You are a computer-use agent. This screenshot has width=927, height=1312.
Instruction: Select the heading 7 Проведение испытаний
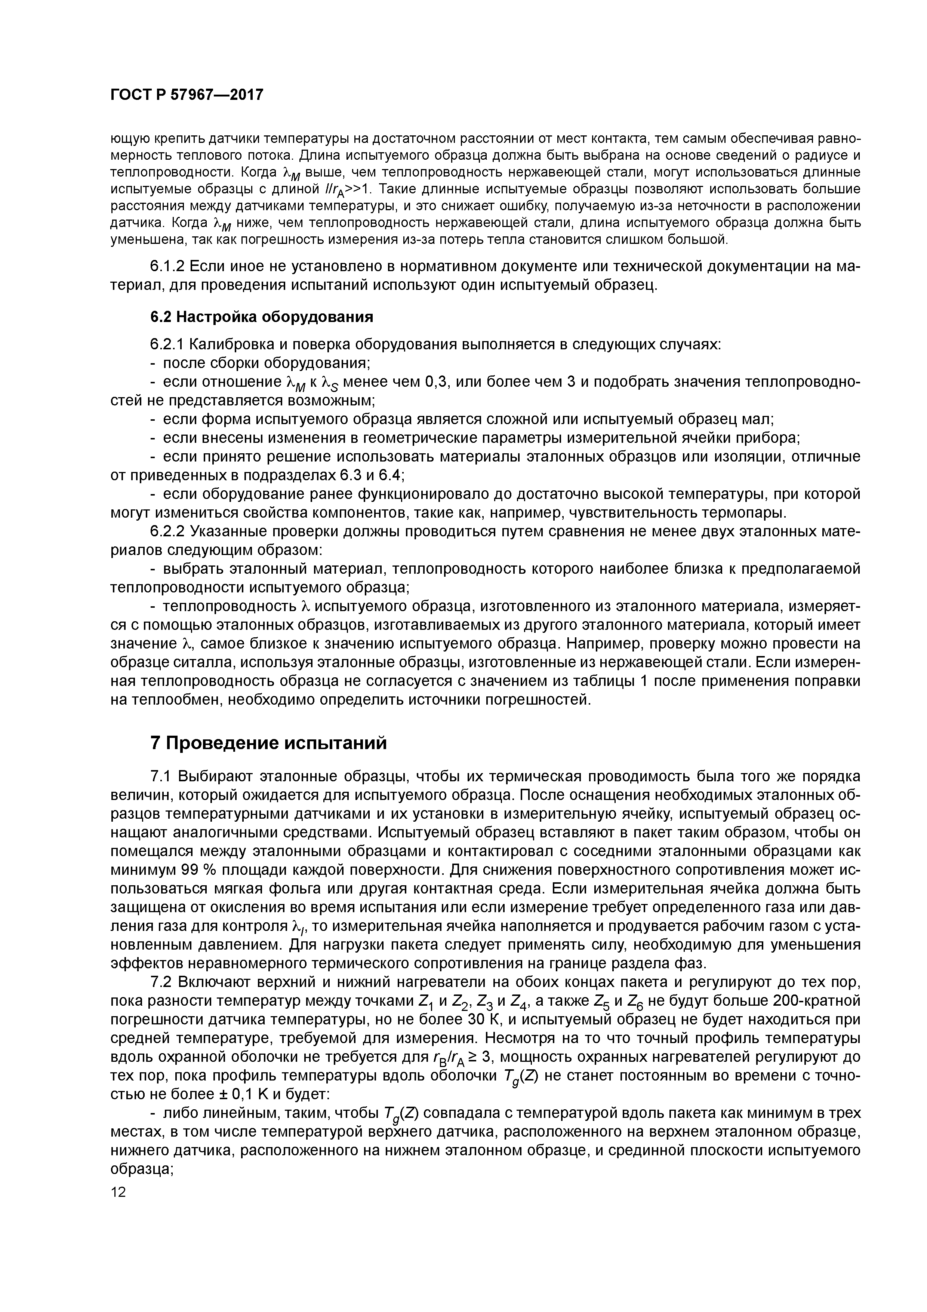(x=268, y=743)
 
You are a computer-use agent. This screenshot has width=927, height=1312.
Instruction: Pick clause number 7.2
(x=161, y=982)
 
